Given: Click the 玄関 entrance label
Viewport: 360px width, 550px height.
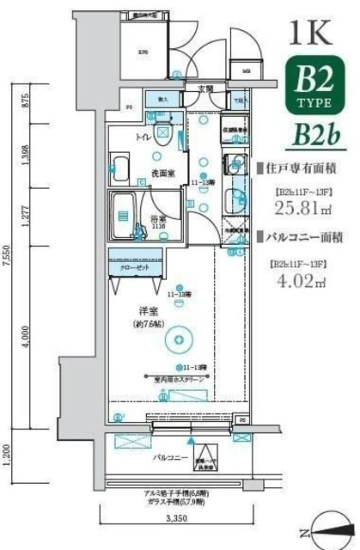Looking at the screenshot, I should [206, 89].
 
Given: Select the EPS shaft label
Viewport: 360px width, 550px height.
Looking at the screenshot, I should [143, 51].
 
